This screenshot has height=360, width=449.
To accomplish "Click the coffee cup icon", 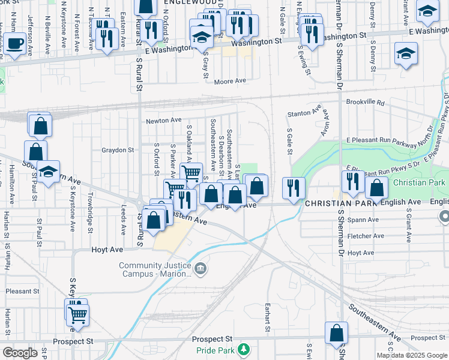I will click(x=16, y=44).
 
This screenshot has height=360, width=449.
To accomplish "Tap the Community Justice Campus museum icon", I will click(x=201, y=269).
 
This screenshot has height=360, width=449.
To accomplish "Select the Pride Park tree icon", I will click(x=244, y=349).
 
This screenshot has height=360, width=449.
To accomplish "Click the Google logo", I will click(x=20, y=353).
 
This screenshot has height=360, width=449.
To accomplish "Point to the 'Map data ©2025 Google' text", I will click(x=412, y=355).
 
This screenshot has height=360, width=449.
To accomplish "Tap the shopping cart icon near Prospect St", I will click(x=77, y=313).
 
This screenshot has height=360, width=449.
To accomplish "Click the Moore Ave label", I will click(x=230, y=81).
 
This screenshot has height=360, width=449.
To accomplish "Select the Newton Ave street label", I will click(x=164, y=121).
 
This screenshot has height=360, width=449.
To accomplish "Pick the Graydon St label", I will click(x=117, y=150).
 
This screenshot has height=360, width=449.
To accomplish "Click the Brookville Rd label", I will click(x=364, y=103).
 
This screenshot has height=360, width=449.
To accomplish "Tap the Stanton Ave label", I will click(x=300, y=113).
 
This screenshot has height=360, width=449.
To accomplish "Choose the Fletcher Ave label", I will click(x=369, y=236).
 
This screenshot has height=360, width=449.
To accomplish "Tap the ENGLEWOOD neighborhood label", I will click(x=186, y=3).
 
